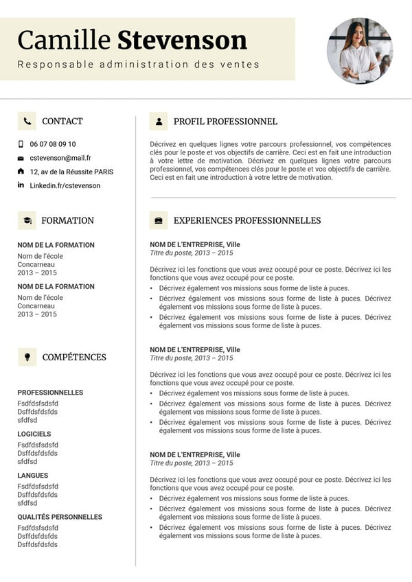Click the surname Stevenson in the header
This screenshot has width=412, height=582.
(182, 40)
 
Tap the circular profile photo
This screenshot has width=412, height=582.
(360, 51)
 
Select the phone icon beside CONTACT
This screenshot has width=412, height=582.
(27, 121)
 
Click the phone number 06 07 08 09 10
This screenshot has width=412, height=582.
(53, 144)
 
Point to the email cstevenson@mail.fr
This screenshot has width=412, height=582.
(60, 158)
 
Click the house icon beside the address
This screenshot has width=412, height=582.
(21, 171)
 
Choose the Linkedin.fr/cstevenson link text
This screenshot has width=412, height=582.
(65, 185)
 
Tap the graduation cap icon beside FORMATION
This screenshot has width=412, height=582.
(27, 220)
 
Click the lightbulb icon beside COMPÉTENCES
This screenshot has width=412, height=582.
(27, 357)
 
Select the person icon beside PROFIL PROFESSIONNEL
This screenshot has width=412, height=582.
(159, 121)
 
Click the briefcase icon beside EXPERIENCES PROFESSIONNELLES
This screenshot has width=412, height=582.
(159, 220)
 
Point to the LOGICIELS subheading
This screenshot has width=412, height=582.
(34, 434)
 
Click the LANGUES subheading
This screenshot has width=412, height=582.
(33, 476)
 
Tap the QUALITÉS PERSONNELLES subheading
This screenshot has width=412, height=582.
(60, 517)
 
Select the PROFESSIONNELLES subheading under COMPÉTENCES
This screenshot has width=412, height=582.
(50, 393)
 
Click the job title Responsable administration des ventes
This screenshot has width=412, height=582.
(139, 65)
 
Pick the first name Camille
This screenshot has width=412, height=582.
(64, 40)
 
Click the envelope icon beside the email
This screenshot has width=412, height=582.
(21, 158)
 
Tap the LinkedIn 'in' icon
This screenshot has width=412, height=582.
(21, 185)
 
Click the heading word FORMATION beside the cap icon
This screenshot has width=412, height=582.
(67, 220)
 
